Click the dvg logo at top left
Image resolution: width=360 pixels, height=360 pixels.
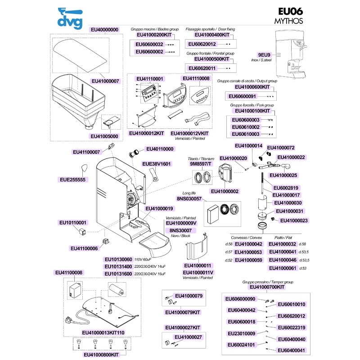(70, 17)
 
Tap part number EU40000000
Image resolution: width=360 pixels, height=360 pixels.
(104, 30)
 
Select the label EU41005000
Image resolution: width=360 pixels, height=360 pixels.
(104, 136)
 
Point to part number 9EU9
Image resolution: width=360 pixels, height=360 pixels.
(264, 54)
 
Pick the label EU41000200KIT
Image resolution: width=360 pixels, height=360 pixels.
(154, 35)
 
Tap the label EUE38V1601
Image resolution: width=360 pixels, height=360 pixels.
(157, 164)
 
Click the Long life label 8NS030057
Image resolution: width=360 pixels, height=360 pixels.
(189, 198)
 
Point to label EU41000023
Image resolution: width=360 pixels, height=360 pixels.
(294, 220)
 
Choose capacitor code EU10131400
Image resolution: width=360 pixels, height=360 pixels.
(118, 266)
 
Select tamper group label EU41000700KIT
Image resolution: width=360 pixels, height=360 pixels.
(267, 287)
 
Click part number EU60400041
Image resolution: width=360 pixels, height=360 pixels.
(292, 351)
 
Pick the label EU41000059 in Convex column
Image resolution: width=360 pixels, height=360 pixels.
(248, 260)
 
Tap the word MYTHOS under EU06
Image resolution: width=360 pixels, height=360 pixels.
(288, 21)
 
